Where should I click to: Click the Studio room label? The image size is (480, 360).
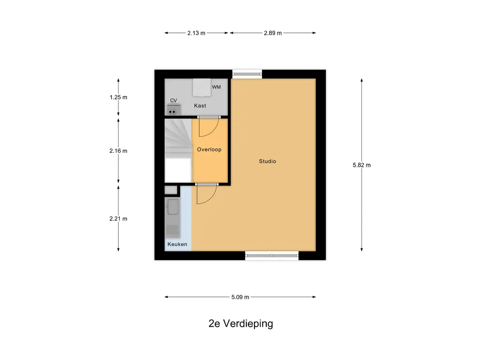(268, 161)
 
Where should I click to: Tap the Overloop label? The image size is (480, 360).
(209, 150)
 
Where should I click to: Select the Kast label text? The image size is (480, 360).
(200, 106)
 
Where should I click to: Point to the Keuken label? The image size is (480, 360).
(178, 244)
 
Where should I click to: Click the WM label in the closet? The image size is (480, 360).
(216, 87)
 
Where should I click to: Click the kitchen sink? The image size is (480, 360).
(172, 206)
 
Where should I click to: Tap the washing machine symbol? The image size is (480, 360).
(202, 86)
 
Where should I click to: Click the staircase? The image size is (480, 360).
(178, 139)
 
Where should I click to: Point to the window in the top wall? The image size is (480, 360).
(247, 73)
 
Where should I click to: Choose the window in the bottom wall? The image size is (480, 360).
(272, 255)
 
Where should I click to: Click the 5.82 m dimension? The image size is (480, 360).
(361, 165)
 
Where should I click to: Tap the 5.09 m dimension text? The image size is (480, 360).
(240, 297)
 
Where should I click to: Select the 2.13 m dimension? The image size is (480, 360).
(196, 33)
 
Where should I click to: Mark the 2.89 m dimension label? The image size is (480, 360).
(272, 33)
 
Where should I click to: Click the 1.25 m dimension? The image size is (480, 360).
(118, 97)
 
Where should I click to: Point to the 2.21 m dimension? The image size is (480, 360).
(118, 218)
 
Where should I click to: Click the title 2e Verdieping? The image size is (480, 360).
(241, 323)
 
